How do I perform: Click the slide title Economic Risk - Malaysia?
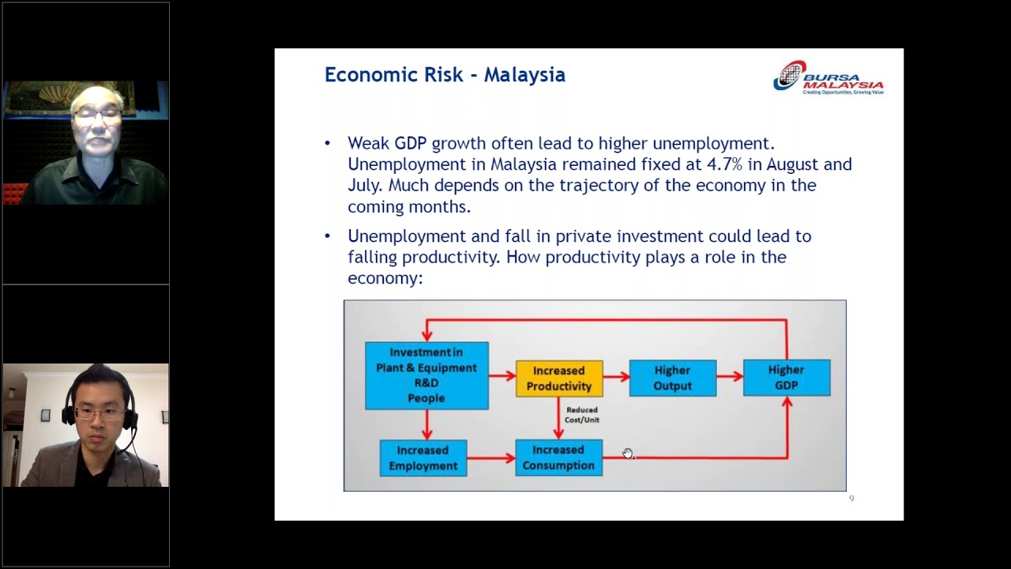445,75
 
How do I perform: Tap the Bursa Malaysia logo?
828,77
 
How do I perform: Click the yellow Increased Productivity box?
558,378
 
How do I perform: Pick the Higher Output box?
672,378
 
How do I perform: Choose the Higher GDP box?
786,377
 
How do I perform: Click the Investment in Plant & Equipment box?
427,375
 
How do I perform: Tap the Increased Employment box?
423,458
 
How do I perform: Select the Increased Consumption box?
558,458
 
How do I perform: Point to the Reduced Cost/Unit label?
581,415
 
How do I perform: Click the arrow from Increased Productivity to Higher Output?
616,378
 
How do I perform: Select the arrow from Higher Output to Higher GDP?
730,378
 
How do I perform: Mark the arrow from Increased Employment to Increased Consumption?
490,458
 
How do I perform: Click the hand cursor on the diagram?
627,453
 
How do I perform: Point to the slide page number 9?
851,499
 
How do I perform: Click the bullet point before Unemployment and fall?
328,236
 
